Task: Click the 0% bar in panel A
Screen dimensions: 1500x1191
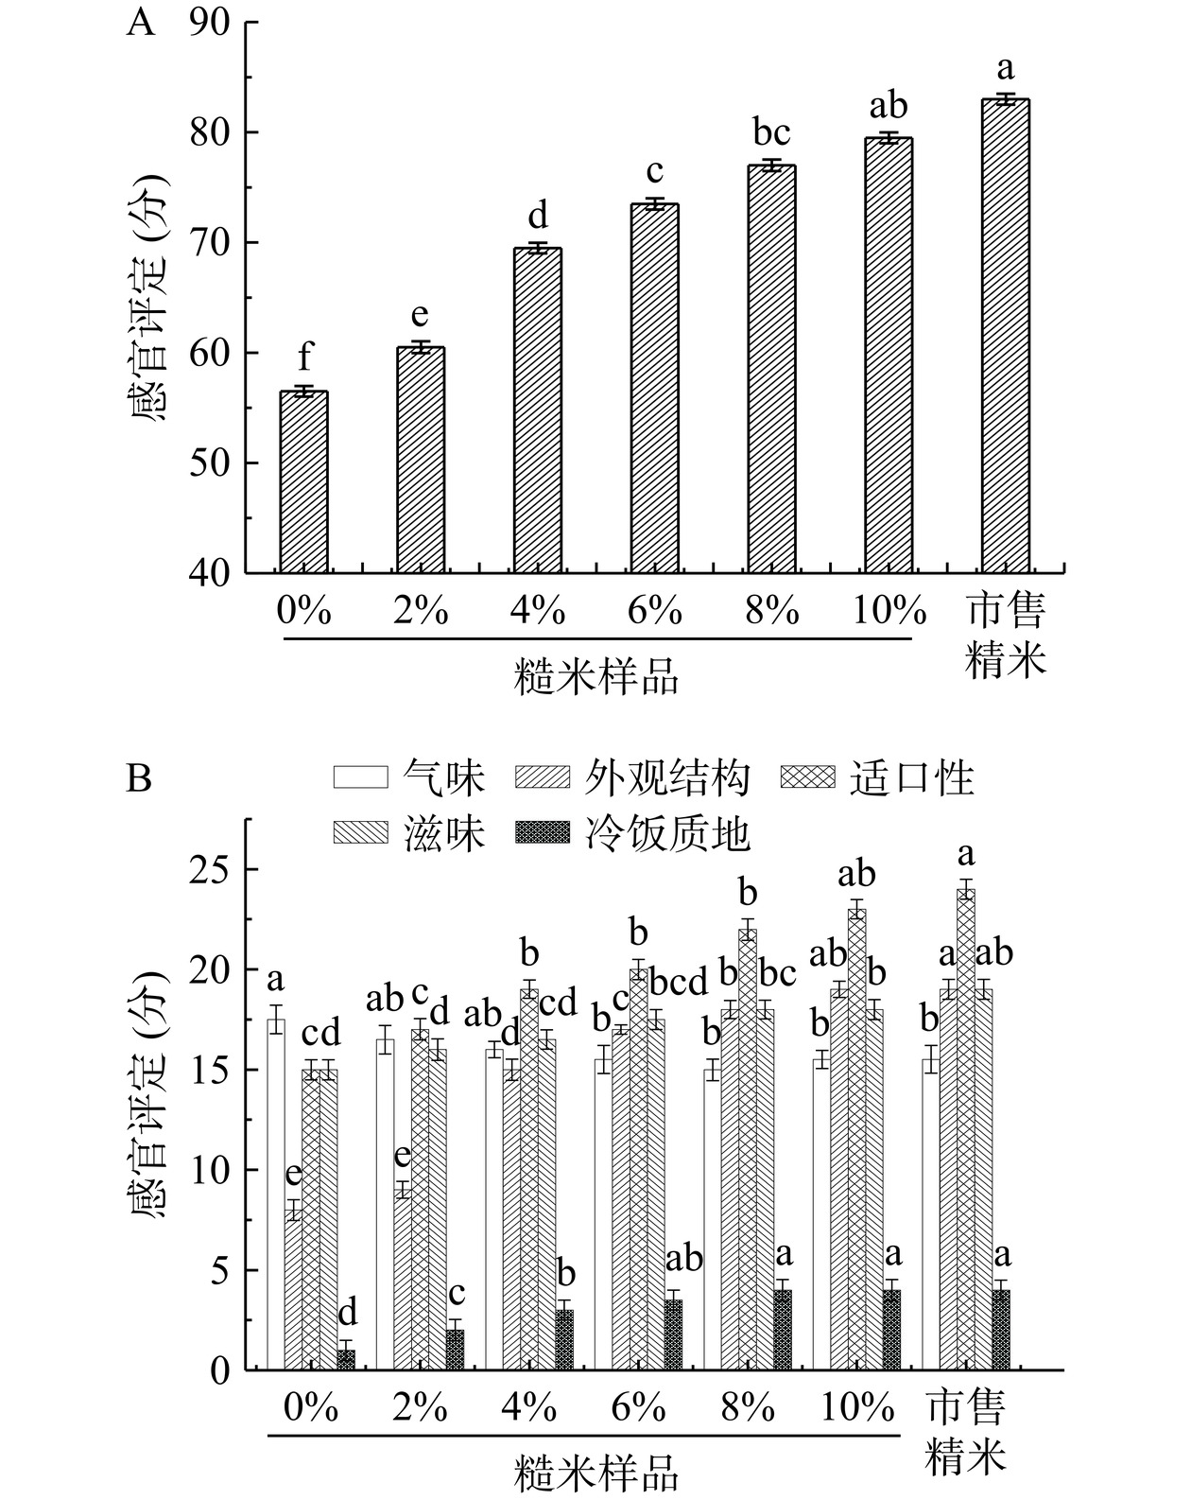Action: pyautogui.click(x=303, y=482)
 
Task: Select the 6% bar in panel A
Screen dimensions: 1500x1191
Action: pyautogui.click(x=654, y=388)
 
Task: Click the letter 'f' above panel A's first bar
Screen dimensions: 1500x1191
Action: pyautogui.click(x=304, y=359)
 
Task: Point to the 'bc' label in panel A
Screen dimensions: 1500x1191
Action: pyautogui.click(x=771, y=132)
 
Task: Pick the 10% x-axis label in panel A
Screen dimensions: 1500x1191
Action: pyautogui.click(x=889, y=613)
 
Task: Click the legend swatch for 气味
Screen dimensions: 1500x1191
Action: pyautogui.click(x=360, y=777)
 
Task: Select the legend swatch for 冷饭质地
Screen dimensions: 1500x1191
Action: pyautogui.click(x=543, y=833)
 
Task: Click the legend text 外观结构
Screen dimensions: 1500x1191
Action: pyautogui.click(x=667, y=778)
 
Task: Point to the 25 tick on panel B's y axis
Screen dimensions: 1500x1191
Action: pyautogui.click(x=209, y=869)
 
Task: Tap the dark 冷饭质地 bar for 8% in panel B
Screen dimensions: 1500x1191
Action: pyautogui.click(x=783, y=1330)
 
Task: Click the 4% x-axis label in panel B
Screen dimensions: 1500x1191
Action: pyautogui.click(x=528, y=1409)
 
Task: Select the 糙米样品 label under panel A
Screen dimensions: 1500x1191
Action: pyautogui.click(x=596, y=678)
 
